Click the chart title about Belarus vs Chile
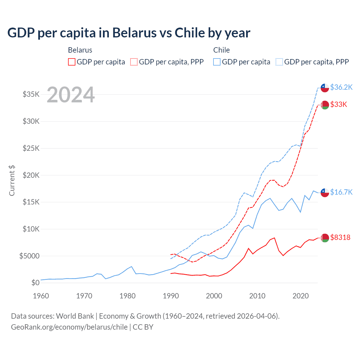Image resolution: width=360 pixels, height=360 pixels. (x=129, y=33)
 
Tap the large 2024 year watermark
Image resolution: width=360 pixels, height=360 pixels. (x=71, y=95)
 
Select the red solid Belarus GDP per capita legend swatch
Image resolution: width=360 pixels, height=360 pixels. (x=72, y=62)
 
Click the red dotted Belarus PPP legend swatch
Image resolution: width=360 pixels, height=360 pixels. (x=134, y=62)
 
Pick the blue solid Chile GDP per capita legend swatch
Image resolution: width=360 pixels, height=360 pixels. (x=217, y=62)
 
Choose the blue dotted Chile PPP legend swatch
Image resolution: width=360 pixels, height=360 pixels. (x=279, y=62)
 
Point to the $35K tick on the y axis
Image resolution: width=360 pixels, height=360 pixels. (x=31, y=94)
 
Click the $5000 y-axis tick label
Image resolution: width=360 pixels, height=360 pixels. (x=30, y=256)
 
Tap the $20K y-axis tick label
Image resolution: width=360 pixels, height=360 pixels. (x=31, y=175)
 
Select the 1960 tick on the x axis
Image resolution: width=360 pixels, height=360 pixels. (x=41, y=296)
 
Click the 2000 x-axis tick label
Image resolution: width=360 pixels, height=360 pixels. (x=214, y=296)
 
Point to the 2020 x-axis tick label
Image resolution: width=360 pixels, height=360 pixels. (x=301, y=296)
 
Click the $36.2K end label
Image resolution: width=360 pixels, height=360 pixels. (x=341, y=87)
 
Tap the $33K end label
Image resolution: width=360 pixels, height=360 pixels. (x=339, y=105)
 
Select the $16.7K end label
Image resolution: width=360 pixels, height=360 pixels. (x=341, y=192)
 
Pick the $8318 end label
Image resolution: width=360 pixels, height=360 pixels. (x=340, y=237)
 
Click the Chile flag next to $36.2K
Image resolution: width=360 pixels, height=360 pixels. (x=325, y=88)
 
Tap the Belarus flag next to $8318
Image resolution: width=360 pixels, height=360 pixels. (x=325, y=238)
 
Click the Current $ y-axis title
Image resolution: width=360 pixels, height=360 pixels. (x=12, y=181)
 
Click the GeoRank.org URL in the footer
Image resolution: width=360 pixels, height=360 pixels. (x=69, y=327)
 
